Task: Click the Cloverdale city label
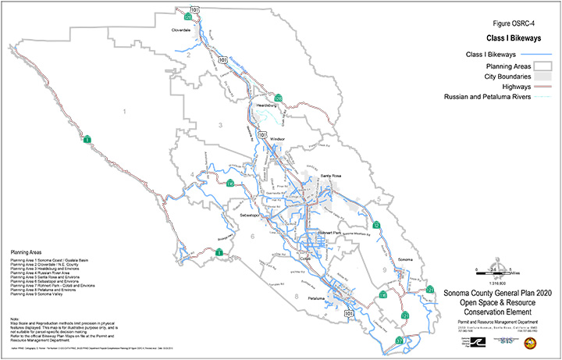click(182, 30)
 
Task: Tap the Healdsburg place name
click(267, 103)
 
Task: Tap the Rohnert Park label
click(319, 232)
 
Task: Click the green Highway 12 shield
click(377, 225)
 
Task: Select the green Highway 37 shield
click(399, 341)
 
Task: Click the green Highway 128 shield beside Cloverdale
click(189, 16)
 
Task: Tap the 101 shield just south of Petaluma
click(348, 313)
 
